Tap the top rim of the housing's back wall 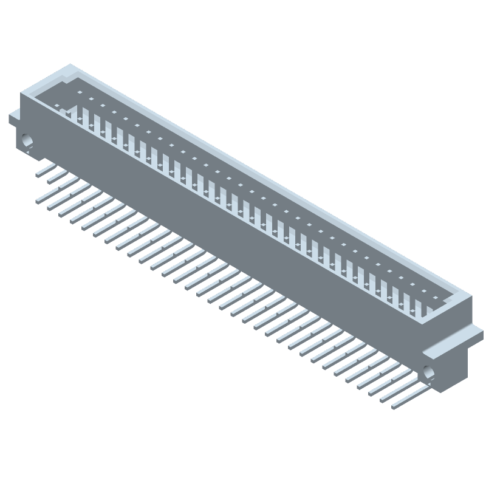273,182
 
